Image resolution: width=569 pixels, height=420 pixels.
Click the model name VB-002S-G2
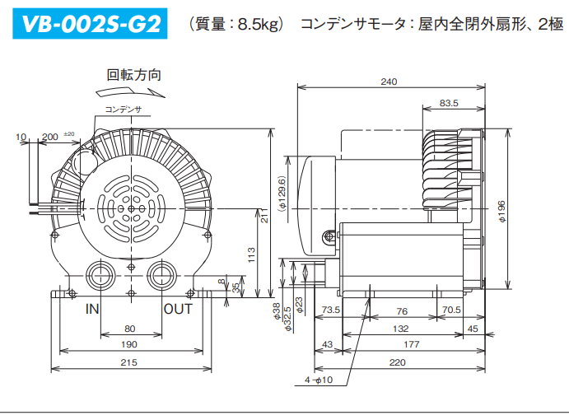click(x=90, y=24)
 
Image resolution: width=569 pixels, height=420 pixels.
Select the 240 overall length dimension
click(x=389, y=82)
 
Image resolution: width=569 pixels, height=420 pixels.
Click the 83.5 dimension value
click(x=450, y=103)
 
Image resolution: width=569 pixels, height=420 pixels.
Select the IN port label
click(x=93, y=310)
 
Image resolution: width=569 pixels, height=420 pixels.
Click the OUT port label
click(x=178, y=310)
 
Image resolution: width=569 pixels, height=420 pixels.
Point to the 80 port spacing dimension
click(x=130, y=329)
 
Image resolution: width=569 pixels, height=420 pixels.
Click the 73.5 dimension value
click(x=331, y=310)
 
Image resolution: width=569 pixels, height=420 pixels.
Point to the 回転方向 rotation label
click(x=133, y=74)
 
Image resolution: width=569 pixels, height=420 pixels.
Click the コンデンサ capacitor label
click(x=124, y=109)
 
